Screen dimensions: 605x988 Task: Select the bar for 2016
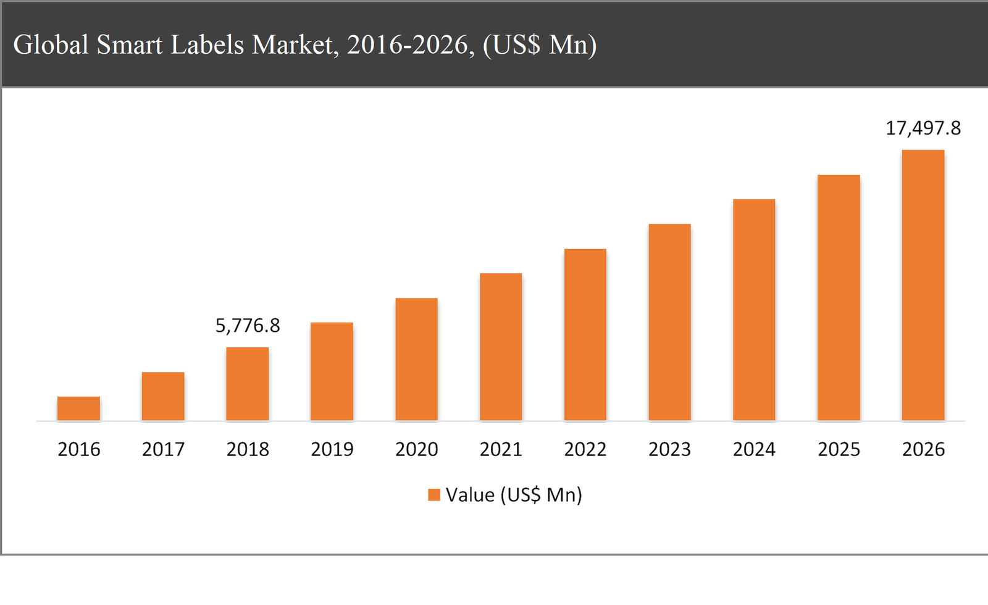[78, 408]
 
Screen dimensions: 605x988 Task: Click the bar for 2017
[163, 396]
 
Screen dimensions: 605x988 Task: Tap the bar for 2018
[248, 384]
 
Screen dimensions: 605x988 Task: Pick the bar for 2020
[416, 359]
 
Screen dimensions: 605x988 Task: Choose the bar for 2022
[585, 334]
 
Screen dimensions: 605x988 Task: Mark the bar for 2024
[754, 310]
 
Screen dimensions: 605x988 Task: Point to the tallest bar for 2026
[923, 285]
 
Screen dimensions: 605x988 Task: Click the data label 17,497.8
[923, 128]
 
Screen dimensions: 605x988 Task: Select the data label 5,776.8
[248, 325]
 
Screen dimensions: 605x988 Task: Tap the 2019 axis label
[332, 449]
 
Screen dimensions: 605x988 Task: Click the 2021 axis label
[501, 449]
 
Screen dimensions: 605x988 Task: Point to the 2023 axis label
[669, 449]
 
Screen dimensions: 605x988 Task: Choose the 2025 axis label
[839, 449]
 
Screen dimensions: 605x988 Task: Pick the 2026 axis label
[923, 449]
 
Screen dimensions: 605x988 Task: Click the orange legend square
[434, 494]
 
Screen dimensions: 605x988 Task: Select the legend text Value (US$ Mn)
[514, 494]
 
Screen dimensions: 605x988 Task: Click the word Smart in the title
[130, 44]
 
